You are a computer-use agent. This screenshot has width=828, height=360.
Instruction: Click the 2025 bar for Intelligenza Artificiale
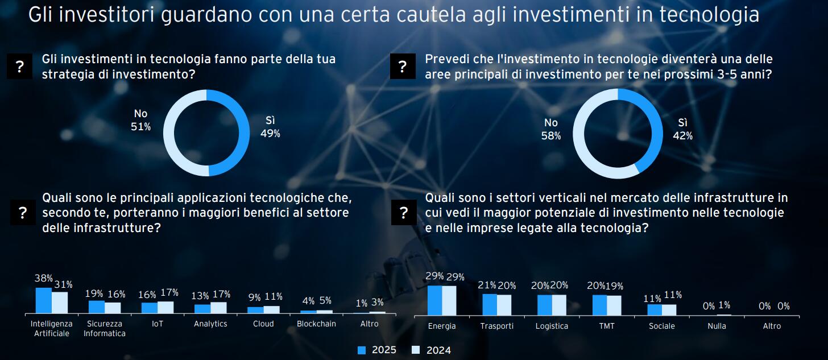[44, 300]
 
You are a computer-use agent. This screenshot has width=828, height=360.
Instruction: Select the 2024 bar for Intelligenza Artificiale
[60, 303]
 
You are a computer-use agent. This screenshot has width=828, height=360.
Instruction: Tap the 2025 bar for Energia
[434, 300]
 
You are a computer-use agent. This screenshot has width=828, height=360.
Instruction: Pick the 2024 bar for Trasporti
[504, 305]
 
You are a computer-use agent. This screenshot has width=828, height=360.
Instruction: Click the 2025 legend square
[362, 350]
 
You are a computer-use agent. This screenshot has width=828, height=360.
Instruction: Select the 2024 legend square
[415, 350]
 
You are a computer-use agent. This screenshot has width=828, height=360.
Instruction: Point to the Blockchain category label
[316, 324]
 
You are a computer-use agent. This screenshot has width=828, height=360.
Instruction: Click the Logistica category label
[552, 326]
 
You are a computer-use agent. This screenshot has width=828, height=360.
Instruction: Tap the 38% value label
[44, 279]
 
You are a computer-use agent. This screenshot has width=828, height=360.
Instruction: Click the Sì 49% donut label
[270, 127]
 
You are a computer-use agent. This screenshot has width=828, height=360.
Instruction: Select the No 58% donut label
[551, 129]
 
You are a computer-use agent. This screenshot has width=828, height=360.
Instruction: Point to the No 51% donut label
[140, 121]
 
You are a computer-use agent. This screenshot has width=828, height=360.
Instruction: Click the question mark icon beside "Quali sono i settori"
[404, 213]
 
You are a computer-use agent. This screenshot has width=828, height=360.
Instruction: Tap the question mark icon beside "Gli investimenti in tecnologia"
[20, 67]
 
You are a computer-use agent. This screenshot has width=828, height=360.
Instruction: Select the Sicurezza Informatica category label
[105, 328]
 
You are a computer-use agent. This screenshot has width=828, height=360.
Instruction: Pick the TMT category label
[607, 326]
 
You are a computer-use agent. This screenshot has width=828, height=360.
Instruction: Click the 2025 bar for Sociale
[655, 309]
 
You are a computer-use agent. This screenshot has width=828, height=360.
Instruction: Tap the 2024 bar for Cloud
[272, 309]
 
